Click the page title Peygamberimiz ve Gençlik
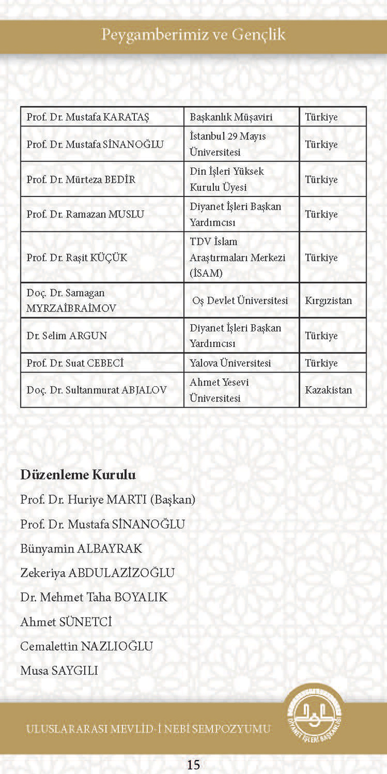193,35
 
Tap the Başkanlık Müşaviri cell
231,117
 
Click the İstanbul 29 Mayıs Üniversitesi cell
228,144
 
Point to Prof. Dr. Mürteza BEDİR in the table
81,179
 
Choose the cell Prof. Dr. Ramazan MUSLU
85,214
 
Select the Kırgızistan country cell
328,300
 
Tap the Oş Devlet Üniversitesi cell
240,300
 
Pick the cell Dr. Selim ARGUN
67,335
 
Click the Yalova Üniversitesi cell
230,363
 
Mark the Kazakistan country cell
328,390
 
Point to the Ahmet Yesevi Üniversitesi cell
219,390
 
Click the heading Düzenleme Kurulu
78,474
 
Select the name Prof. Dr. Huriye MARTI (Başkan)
108,500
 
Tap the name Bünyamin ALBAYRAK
81,548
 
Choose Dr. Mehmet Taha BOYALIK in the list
94,597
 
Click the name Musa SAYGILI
59,670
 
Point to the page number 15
193,764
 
